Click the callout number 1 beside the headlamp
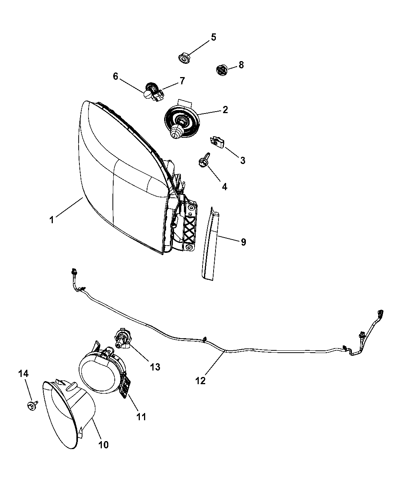[x=52, y=219]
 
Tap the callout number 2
[x=225, y=110]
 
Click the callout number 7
[x=182, y=81]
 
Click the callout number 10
[x=103, y=445]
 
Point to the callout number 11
[x=141, y=416]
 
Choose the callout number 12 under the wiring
[x=200, y=380]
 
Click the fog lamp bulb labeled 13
[x=121, y=340]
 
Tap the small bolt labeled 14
[x=32, y=406]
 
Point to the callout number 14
[x=23, y=374]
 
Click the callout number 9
[x=243, y=241]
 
